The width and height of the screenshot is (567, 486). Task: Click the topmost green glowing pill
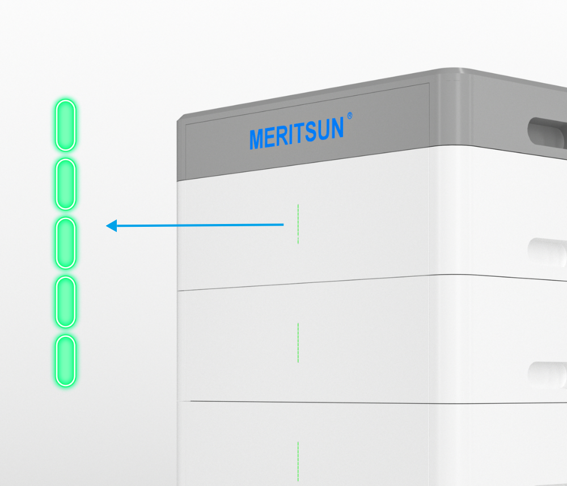coord(65,125)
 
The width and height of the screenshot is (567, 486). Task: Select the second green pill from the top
coord(65,184)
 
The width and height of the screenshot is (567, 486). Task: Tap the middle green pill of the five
coord(65,243)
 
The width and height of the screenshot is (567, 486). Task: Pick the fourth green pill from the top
coord(65,302)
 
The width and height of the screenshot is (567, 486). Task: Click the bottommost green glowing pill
coord(65,361)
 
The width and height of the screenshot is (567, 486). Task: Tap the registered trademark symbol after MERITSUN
coord(350,116)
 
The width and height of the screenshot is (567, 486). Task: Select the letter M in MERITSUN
coord(257,139)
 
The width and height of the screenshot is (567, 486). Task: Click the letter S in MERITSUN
coord(310,133)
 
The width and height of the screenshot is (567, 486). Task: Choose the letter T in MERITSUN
coord(299,134)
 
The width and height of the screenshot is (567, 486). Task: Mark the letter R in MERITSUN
coord(282,136)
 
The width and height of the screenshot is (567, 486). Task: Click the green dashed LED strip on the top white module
coord(298,223)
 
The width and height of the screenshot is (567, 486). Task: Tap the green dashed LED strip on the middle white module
coord(298,343)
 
